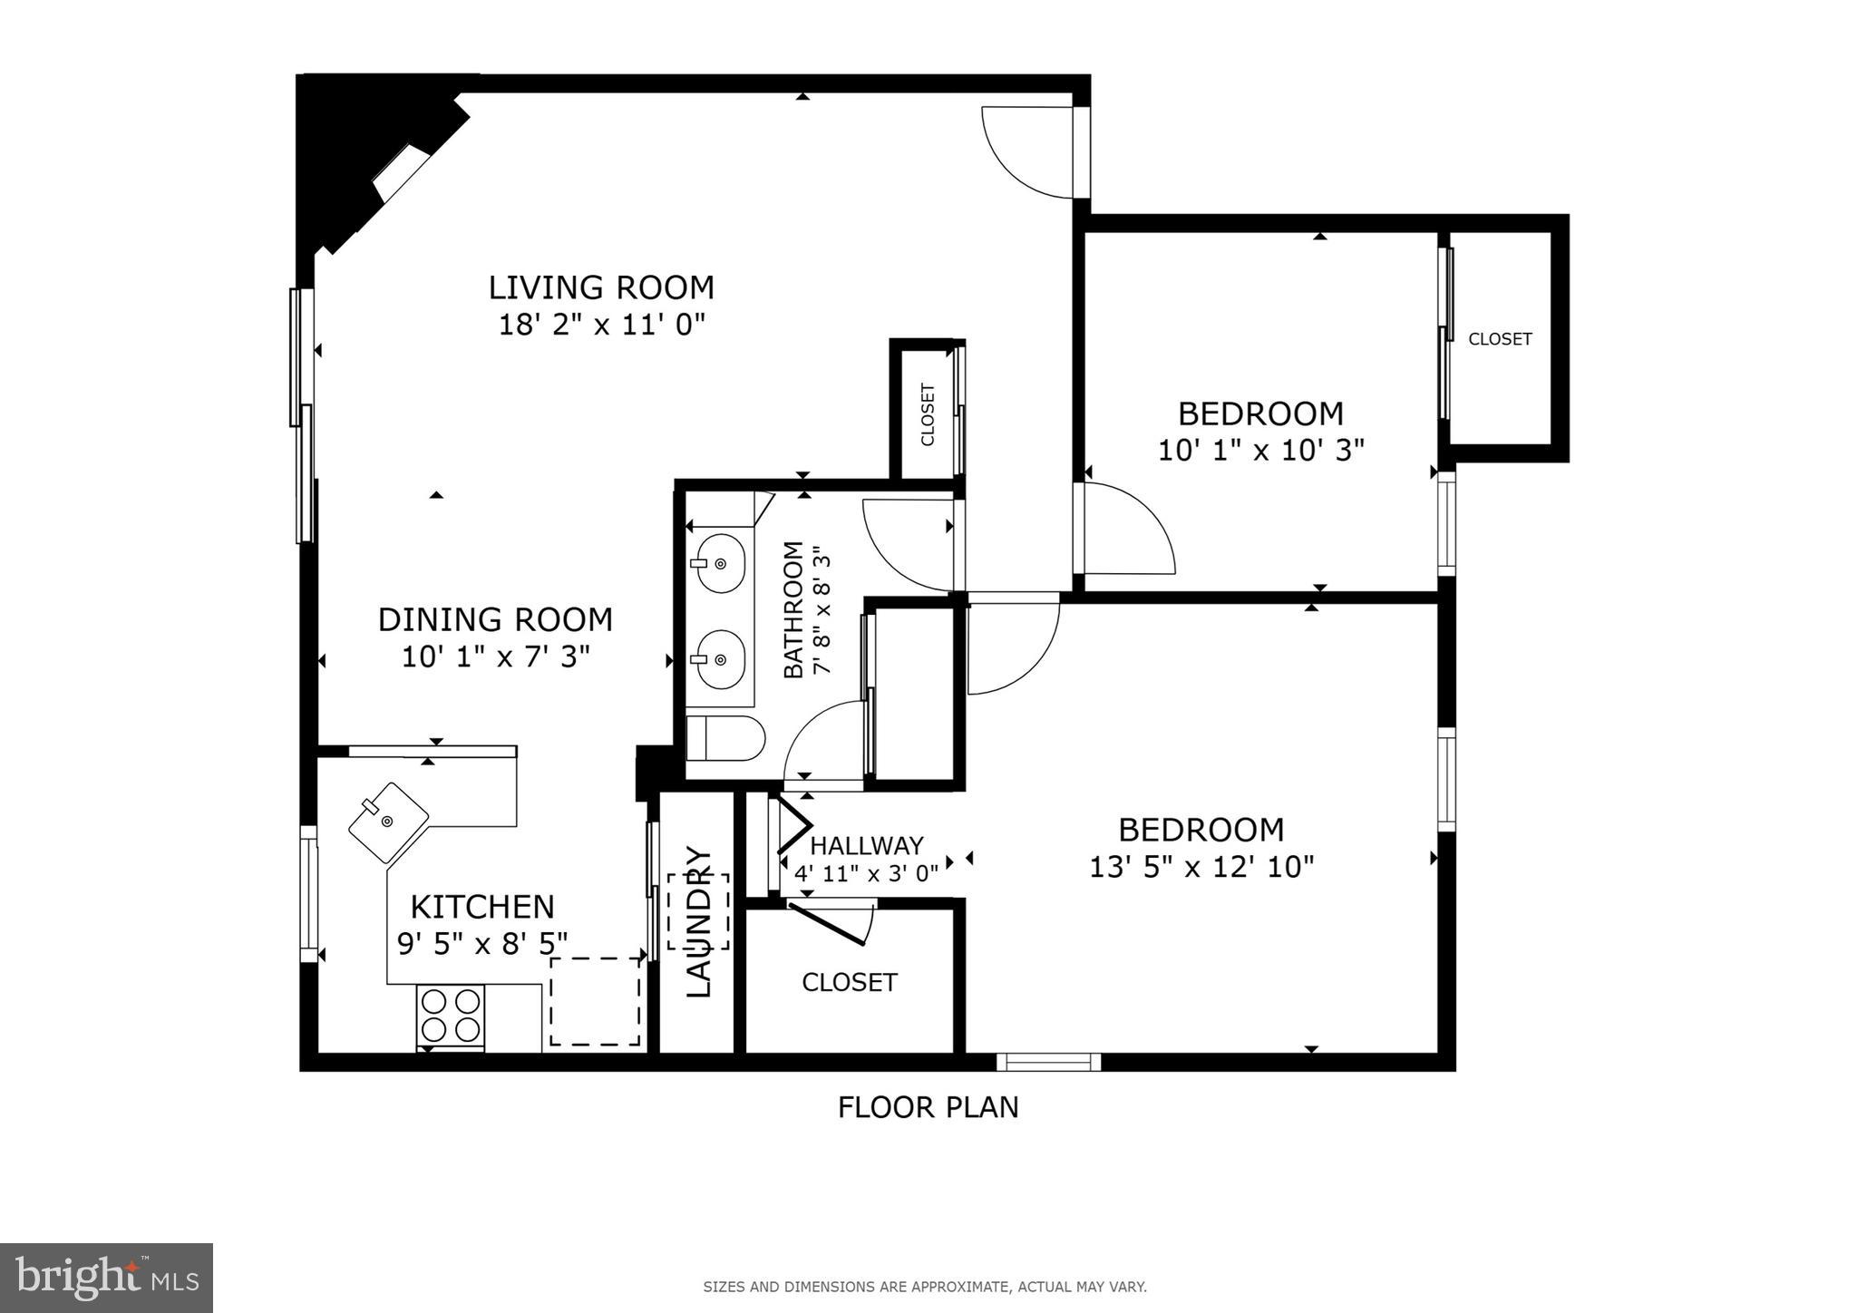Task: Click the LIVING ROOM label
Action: [x=601, y=287]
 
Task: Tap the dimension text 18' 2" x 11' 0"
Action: [x=601, y=325]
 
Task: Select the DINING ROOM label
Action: [x=495, y=619]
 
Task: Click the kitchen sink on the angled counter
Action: [x=388, y=822]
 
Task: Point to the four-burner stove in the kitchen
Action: [x=451, y=1016]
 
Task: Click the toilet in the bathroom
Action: [x=724, y=738]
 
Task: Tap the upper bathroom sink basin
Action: [x=721, y=563]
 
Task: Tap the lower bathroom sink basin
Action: [x=721, y=659]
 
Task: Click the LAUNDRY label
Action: [x=698, y=920]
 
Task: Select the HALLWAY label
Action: [x=866, y=845]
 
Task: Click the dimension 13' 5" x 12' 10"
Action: [x=1201, y=868]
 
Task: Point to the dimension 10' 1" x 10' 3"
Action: [x=1260, y=451]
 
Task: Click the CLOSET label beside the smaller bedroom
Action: [x=1500, y=339]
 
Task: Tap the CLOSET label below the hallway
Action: [x=850, y=982]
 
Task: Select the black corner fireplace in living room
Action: [x=363, y=154]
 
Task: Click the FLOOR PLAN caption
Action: [x=928, y=1107]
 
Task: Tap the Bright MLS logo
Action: [x=107, y=1279]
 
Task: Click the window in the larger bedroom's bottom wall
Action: [x=1048, y=1062]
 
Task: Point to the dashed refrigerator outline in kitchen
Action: [x=595, y=1002]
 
